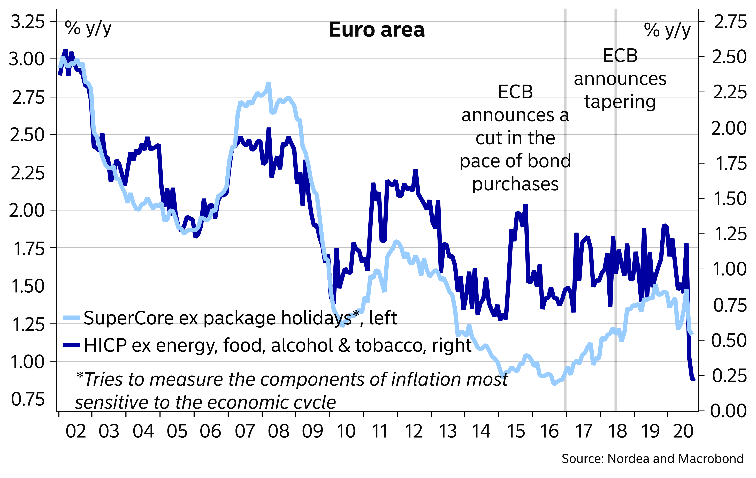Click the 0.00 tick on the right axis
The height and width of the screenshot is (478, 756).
click(728, 411)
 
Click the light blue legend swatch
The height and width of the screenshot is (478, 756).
click(72, 317)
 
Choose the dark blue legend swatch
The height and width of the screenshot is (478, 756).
click(72, 345)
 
